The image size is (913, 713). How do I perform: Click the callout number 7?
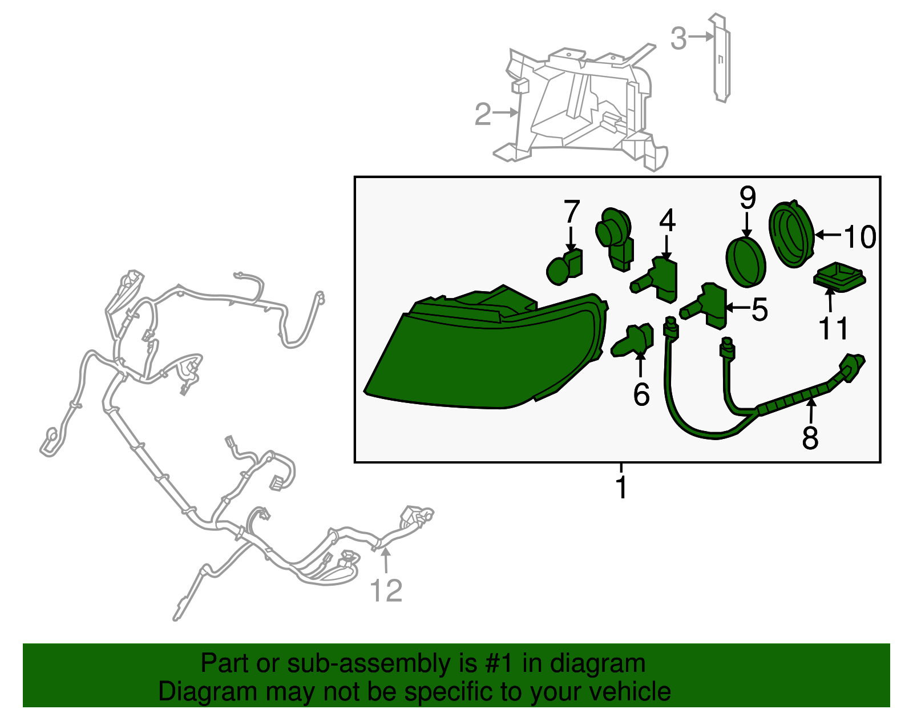click(571, 212)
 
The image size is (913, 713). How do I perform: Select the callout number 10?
click(860, 237)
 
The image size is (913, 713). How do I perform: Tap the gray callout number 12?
click(386, 591)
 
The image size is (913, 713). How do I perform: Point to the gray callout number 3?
click(678, 38)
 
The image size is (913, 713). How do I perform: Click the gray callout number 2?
click(483, 114)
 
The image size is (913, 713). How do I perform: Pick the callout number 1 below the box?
click(621, 488)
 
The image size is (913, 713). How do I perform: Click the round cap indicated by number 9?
click(745, 262)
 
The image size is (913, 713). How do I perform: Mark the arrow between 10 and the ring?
click(829, 235)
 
